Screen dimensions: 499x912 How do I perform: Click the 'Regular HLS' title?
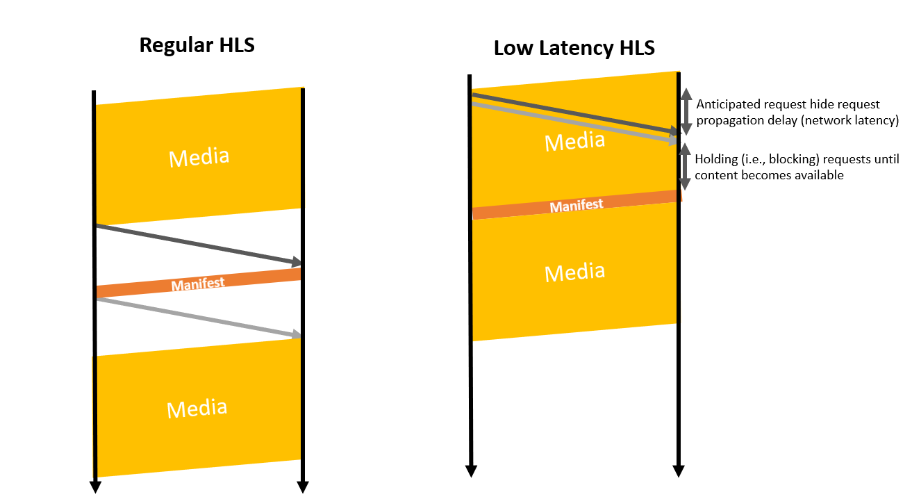(197, 45)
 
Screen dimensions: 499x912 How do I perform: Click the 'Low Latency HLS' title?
(574, 49)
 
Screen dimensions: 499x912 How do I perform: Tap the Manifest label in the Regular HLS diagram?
(198, 284)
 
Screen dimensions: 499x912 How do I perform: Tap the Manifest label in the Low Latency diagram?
(577, 206)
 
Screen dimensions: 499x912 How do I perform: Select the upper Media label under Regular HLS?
(199, 157)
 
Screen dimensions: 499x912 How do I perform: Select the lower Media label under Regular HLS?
(197, 408)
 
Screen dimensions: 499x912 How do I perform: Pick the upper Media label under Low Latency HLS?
(574, 142)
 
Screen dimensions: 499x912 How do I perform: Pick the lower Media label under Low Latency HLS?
(574, 271)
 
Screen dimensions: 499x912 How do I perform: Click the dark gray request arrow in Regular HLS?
(198, 244)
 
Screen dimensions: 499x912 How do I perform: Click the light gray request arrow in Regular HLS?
(198, 318)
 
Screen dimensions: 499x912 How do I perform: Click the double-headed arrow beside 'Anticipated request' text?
(686, 111)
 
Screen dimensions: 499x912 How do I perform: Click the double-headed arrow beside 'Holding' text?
(685, 167)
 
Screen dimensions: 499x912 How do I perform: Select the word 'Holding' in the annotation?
(716, 159)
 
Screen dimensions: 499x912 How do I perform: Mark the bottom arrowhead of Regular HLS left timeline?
(96, 487)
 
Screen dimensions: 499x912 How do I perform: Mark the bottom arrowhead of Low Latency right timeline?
(679, 471)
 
